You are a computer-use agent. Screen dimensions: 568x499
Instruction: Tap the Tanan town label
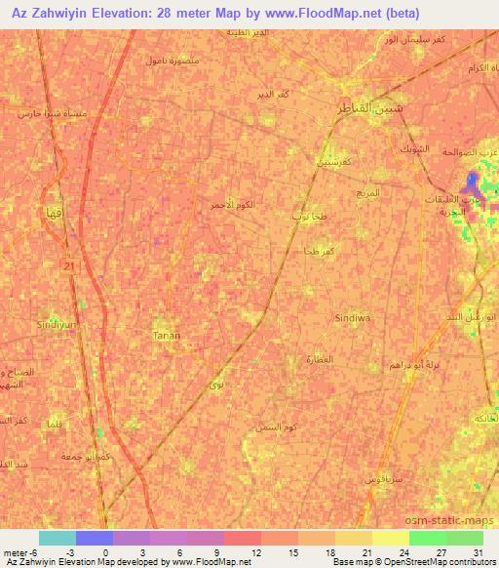pyautogui.click(x=167, y=335)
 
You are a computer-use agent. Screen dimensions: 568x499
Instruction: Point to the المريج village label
pyautogui.click(x=367, y=193)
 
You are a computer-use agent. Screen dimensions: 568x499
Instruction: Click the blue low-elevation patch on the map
pyautogui.click(x=473, y=183)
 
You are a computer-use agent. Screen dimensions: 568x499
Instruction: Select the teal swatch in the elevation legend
pyautogui.click(x=58, y=538)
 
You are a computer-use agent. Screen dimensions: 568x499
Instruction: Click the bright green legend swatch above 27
pyautogui.click(x=427, y=538)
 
